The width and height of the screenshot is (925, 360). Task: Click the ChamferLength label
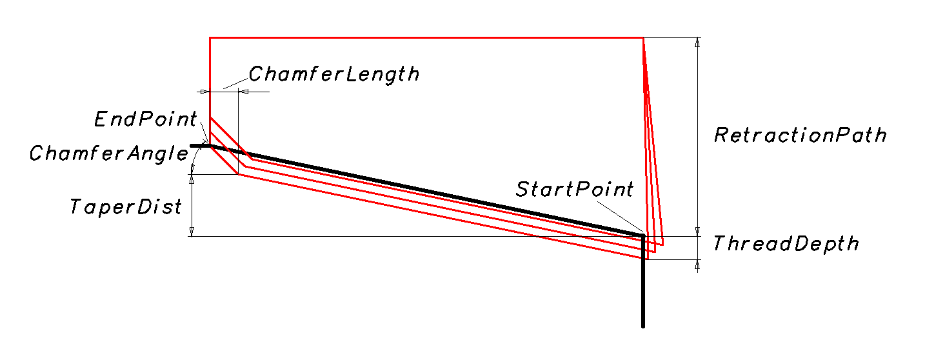[x=333, y=74]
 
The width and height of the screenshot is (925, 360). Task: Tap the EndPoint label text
[x=145, y=119]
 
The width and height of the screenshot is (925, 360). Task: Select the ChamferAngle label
[x=108, y=154]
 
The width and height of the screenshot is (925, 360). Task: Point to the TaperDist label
[x=126, y=206]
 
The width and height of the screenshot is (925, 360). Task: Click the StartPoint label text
[x=575, y=189]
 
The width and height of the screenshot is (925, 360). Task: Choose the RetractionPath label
[x=800, y=135]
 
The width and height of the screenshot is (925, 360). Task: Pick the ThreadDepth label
[x=786, y=244]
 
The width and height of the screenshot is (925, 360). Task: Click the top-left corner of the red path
[x=210, y=38]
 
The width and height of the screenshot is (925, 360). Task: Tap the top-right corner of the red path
[x=642, y=38]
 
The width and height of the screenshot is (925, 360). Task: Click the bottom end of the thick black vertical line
[x=643, y=326]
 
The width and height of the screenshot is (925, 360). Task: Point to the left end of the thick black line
[x=192, y=146]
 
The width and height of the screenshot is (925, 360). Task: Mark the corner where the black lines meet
[x=643, y=235]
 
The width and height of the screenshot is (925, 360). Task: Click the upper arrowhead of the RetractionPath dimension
[x=697, y=43]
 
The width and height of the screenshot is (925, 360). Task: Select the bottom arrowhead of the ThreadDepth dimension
[x=697, y=264]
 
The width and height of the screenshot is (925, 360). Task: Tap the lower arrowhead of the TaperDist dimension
[x=192, y=232]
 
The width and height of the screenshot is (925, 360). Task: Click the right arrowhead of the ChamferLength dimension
[x=244, y=92]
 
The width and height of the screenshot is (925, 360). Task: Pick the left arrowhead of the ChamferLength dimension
[x=205, y=92]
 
